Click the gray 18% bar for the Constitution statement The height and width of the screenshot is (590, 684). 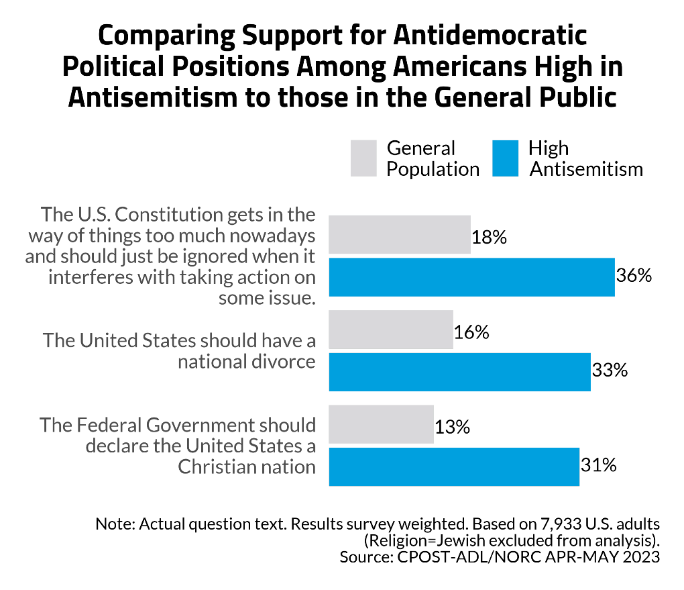coord(400,234)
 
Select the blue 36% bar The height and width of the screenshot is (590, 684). coord(471,277)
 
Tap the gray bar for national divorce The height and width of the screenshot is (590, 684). coord(391,330)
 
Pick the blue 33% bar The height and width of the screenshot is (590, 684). coord(459,371)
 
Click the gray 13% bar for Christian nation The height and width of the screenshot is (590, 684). coord(381,424)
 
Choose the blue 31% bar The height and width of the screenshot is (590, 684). coord(454,466)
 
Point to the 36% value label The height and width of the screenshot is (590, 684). coord(634,276)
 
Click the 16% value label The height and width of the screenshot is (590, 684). coord(471,332)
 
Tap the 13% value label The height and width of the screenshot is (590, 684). coord(452,426)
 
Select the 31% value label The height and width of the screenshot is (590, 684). coord(597,464)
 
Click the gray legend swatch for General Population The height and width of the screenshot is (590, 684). coord(363,158)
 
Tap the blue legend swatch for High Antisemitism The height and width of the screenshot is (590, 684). coord(505,158)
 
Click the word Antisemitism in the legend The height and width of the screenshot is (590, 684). coord(586,168)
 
